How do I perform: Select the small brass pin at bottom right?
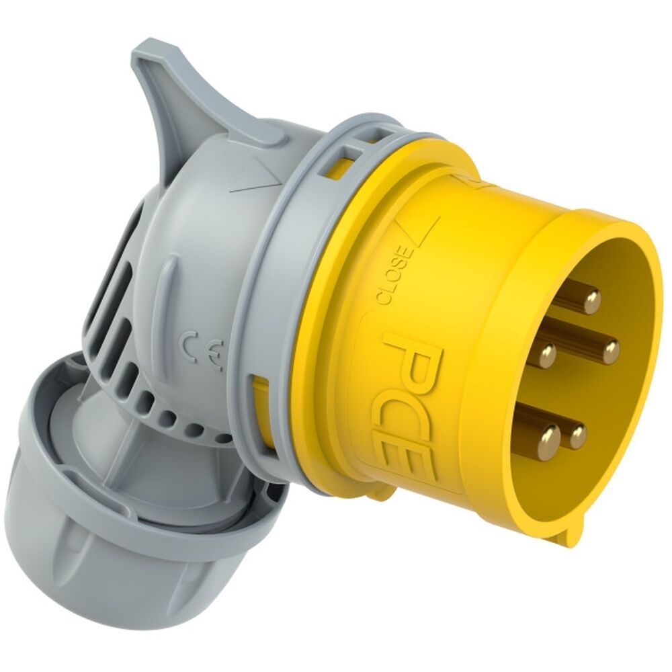[577, 437]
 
